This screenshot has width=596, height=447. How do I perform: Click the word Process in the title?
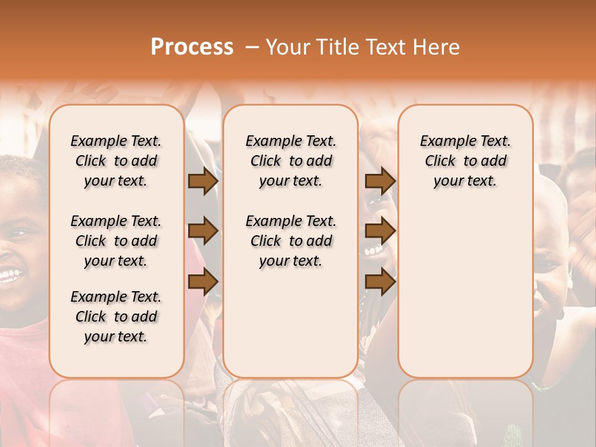192,47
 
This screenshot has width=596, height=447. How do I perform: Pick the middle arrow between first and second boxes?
203,232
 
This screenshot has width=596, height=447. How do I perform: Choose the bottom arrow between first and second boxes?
203,282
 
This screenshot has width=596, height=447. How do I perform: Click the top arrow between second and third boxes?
380,181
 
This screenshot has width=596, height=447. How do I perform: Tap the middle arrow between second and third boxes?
380,232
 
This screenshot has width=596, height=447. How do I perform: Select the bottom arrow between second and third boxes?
380,282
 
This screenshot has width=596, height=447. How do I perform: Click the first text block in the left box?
116,161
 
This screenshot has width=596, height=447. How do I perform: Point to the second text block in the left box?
116,241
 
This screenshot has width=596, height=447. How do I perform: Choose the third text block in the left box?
116,317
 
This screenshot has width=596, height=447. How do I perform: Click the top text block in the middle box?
291,161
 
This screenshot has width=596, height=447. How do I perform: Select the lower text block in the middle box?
291,241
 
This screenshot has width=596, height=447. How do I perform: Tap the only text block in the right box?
466,161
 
